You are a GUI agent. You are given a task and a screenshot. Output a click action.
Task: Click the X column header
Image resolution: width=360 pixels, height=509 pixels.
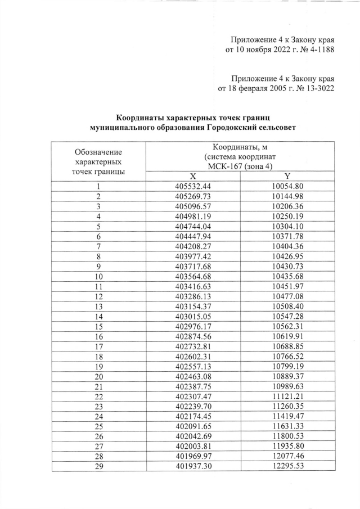pyautogui.click(x=192, y=176)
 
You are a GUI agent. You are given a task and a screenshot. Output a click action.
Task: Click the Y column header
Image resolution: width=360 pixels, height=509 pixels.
pyautogui.click(x=287, y=176)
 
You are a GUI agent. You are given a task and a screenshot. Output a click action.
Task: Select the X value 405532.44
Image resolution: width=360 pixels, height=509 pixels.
pyautogui.click(x=192, y=186)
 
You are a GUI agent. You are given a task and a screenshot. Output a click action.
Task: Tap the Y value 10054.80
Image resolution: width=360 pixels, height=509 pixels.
pyautogui.click(x=287, y=186)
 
